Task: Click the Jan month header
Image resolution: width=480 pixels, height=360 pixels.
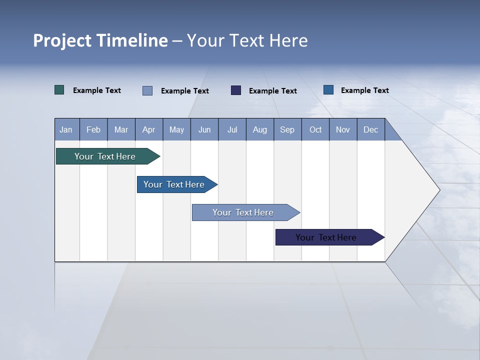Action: [x=66, y=129]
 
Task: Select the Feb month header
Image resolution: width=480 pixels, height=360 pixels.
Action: [x=93, y=129]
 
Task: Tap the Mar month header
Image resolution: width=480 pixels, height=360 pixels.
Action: [x=121, y=129]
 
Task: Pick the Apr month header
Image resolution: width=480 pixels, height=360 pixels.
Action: [x=149, y=129]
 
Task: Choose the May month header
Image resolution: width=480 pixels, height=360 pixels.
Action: [x=176, y=129]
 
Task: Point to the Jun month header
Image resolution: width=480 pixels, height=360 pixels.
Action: [x=204, y=129]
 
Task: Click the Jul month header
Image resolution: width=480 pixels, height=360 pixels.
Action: [x=232, y=129]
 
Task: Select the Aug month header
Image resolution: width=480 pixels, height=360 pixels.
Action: [x=260, y=129]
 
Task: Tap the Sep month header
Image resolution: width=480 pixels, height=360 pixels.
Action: [x=287, y=129]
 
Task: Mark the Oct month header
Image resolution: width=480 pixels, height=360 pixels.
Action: [x=315, y=129]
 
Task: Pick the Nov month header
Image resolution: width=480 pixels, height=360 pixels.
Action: [x=343, y=129]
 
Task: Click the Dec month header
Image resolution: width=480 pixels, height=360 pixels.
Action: [x=371, y=129]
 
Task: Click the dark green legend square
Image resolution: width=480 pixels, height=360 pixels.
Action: [x=59, y=90]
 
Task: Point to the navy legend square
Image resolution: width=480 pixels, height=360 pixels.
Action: [x=236, y=90]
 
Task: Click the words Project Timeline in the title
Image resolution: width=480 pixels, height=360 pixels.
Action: [x=100, y=40]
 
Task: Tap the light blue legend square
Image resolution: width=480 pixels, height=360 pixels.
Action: [x=147, y=90]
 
